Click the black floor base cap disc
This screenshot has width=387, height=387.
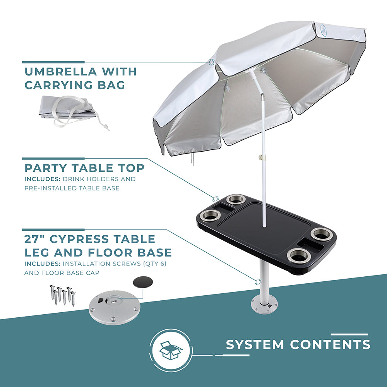point(143,282)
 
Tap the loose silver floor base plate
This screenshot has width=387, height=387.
point(115,308)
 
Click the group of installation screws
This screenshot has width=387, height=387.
point(63,295)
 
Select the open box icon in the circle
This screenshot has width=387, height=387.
point(171,350)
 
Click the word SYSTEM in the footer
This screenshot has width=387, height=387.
point(255,344)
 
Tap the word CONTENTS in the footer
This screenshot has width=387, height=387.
point(330,344)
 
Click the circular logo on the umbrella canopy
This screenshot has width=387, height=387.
point(324,32)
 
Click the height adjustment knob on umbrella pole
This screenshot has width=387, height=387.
point(262,158)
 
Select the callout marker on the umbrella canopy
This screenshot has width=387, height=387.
point(212,62)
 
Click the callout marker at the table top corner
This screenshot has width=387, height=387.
point(216,199)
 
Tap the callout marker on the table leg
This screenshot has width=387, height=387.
point(258,282)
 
